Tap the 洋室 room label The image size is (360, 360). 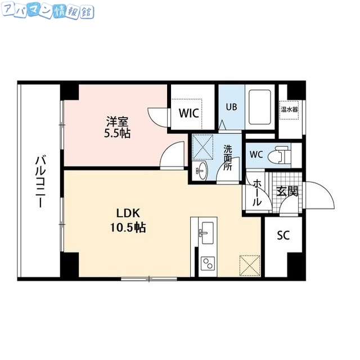pyautogui.click(x=116, y=120)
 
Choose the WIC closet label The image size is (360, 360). pyautogui.click(x=188, y=113)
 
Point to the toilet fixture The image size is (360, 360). pyautogui.click(x=280, y=155)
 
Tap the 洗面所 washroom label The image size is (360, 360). pyautogui.click(x=228, y=157)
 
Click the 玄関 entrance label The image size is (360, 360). pyautogui.click(x=287, y=192)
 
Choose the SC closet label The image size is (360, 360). pyautogui.click(x=283, y=236)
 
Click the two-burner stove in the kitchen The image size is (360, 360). pyautogui.click(x=207, y=263)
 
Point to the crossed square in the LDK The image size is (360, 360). pyautogui.click(x=249, y=264)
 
